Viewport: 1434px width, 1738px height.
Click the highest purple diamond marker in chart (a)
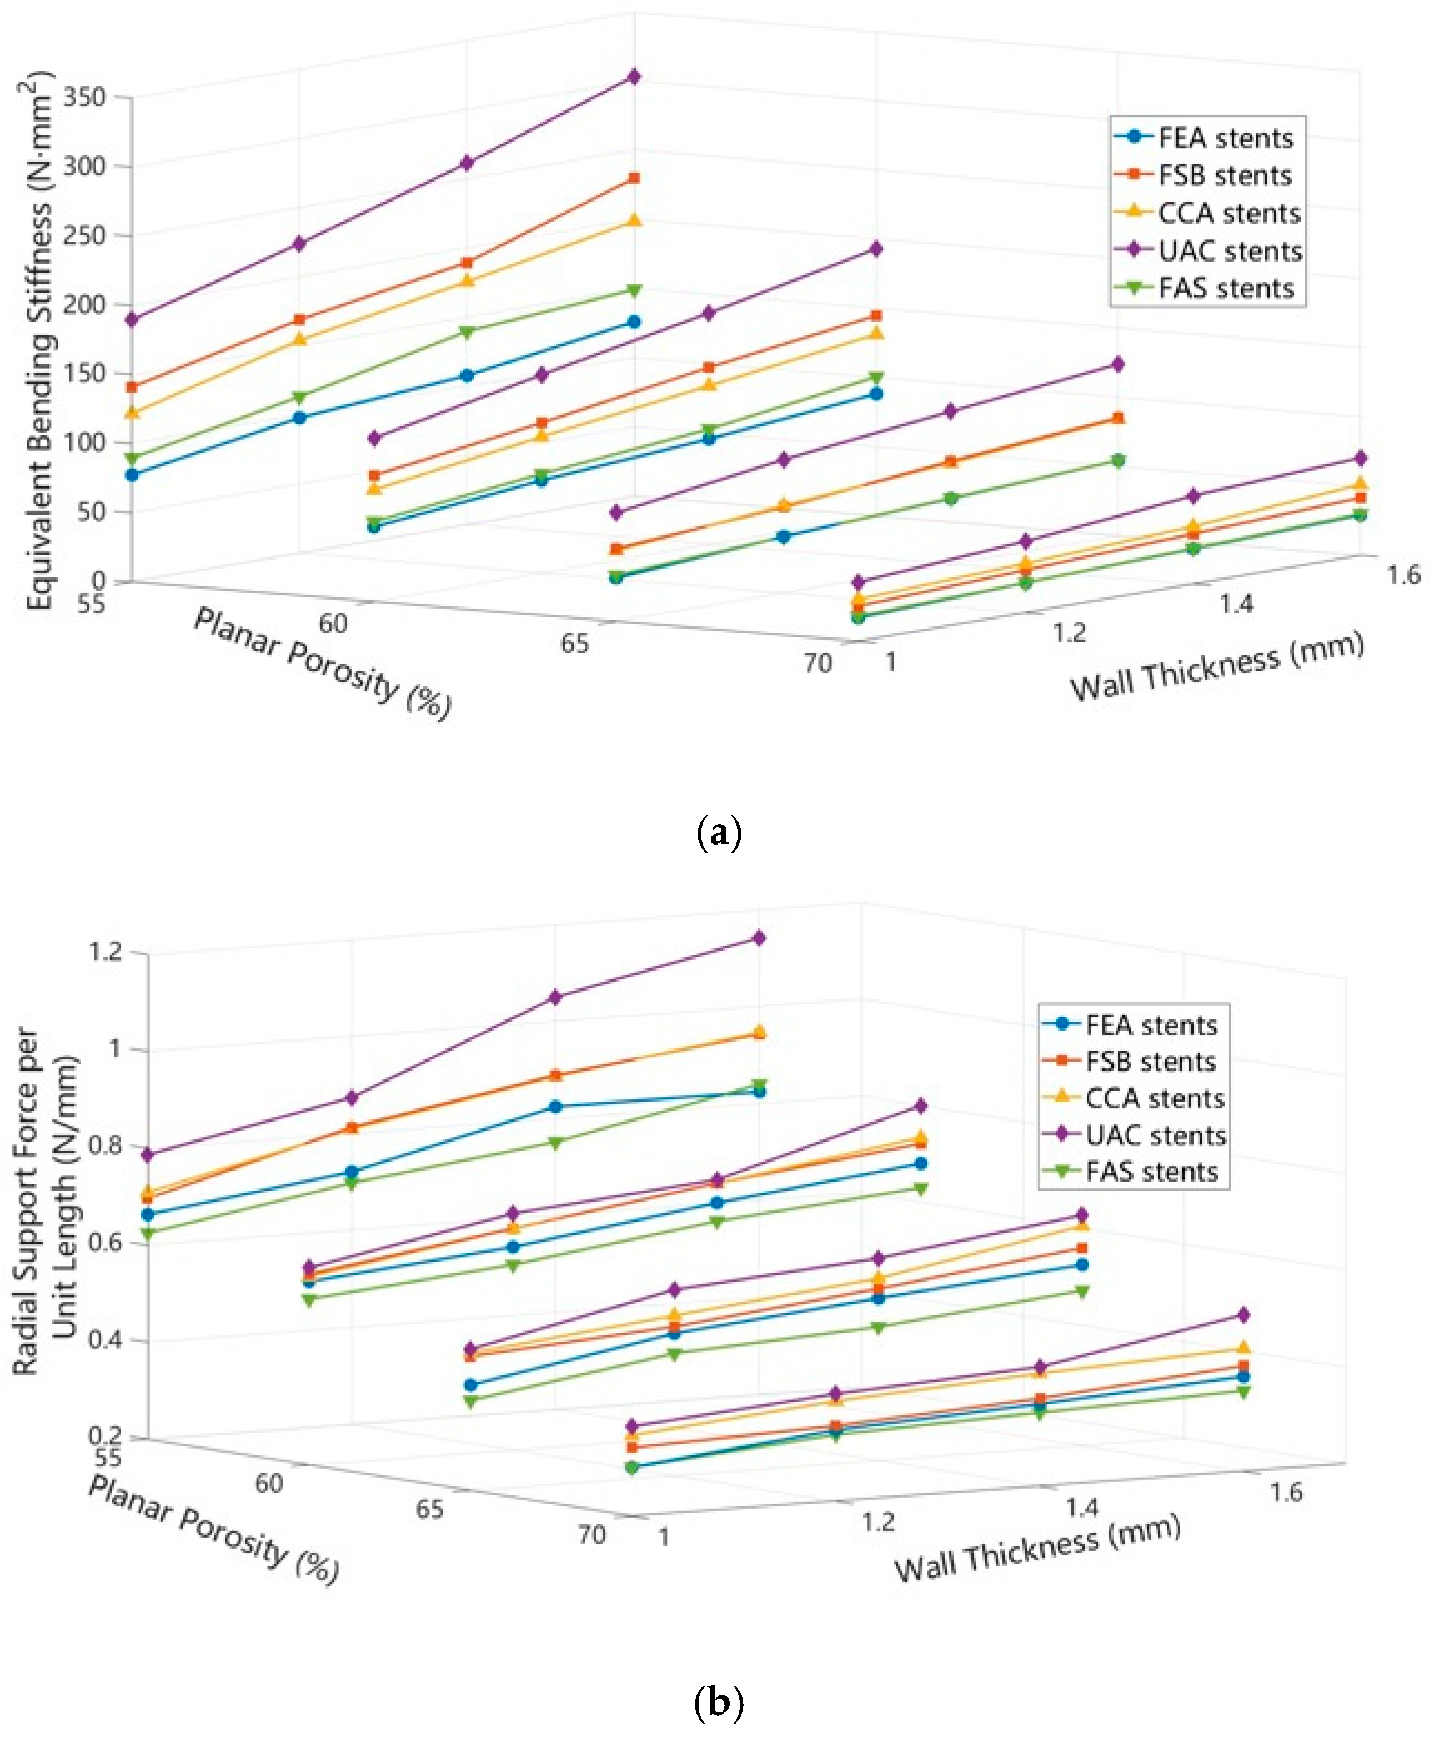[634, 77]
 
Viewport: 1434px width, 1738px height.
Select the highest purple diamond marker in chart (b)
[758, 938]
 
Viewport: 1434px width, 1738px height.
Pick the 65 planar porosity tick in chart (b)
[429, 1509]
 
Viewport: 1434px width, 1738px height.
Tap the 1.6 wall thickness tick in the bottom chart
[1286, 1492]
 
